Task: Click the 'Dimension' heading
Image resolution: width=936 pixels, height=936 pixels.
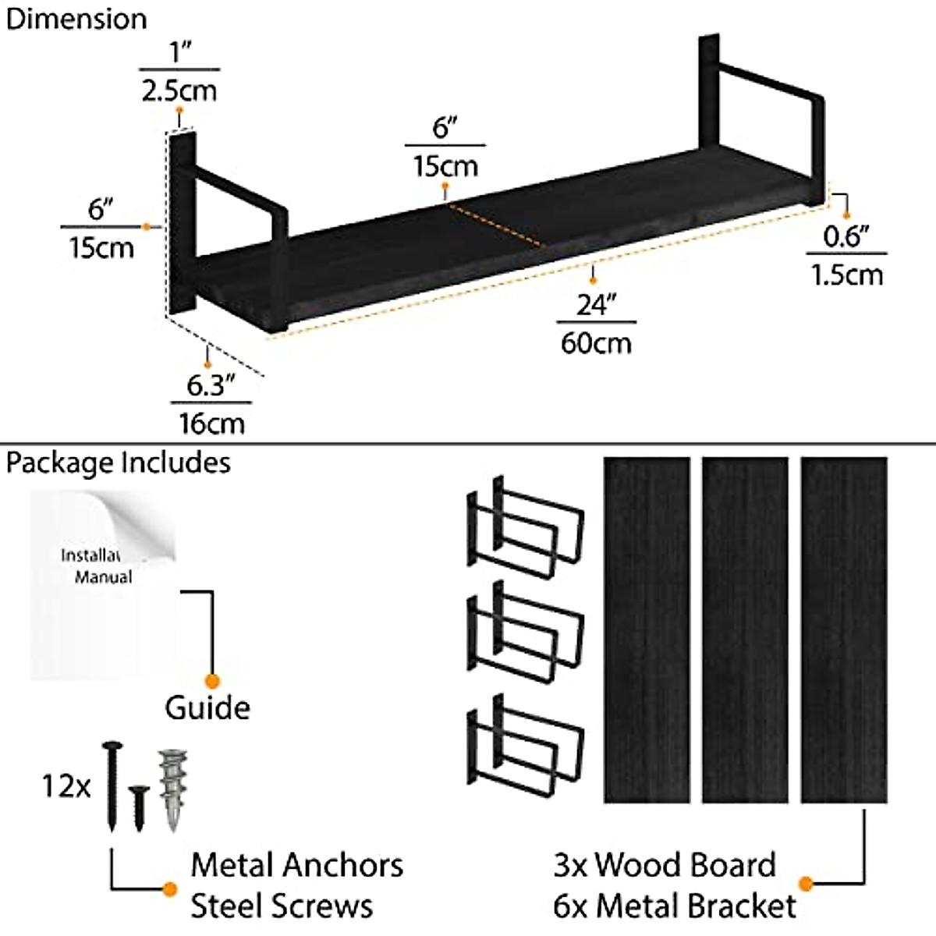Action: [76, 19]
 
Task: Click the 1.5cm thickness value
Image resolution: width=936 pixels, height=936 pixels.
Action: [847, 275]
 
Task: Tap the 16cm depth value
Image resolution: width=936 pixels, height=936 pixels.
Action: [211, 424]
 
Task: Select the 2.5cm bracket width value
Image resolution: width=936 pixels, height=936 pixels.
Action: [179, 90]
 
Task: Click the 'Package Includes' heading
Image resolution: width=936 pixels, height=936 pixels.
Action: [119, 463]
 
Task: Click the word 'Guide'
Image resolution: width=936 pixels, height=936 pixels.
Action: [207, 708]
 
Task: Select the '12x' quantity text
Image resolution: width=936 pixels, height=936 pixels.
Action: [66, 786]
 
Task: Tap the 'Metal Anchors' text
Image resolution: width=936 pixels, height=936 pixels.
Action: [296, 865]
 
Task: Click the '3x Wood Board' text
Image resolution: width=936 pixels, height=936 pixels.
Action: [665, 865]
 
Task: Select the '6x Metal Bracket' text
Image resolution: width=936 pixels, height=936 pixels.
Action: [675, 906]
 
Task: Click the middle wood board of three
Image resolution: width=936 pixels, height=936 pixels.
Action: [745, 629]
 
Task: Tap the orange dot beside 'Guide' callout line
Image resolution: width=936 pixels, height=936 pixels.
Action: [211, 682]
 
